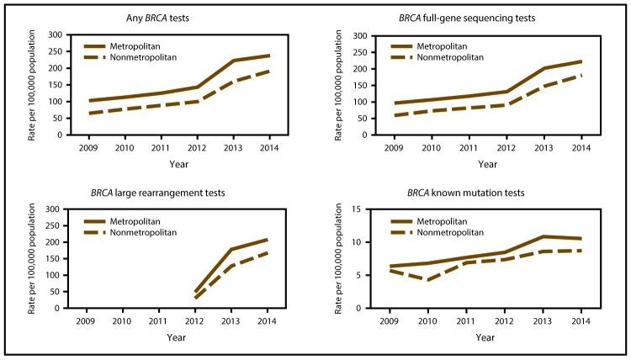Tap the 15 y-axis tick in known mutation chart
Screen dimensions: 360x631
[358, 209]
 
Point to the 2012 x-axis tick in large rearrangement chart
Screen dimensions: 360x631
[195, 320]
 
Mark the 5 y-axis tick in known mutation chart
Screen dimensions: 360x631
[360, 275]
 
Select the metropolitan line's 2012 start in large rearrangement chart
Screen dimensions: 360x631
[195, 292]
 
